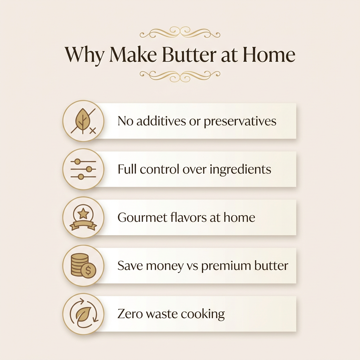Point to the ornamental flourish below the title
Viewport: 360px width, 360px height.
(x=180, y=76)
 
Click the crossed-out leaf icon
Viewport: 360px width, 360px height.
(x=83, y=121)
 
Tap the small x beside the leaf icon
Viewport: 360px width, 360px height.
(x=93, y=131)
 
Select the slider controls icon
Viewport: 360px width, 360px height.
(x=83, y=169)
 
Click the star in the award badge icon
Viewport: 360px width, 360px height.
(x=83, y=214)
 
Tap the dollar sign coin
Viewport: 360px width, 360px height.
(x=88, y=270)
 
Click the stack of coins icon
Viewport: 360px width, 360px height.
(x=80, y=264)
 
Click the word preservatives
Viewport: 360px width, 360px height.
(x=240, y=121)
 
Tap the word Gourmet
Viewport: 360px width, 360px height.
(x=142, y=217)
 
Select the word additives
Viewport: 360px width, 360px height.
(x=161, y=121)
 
